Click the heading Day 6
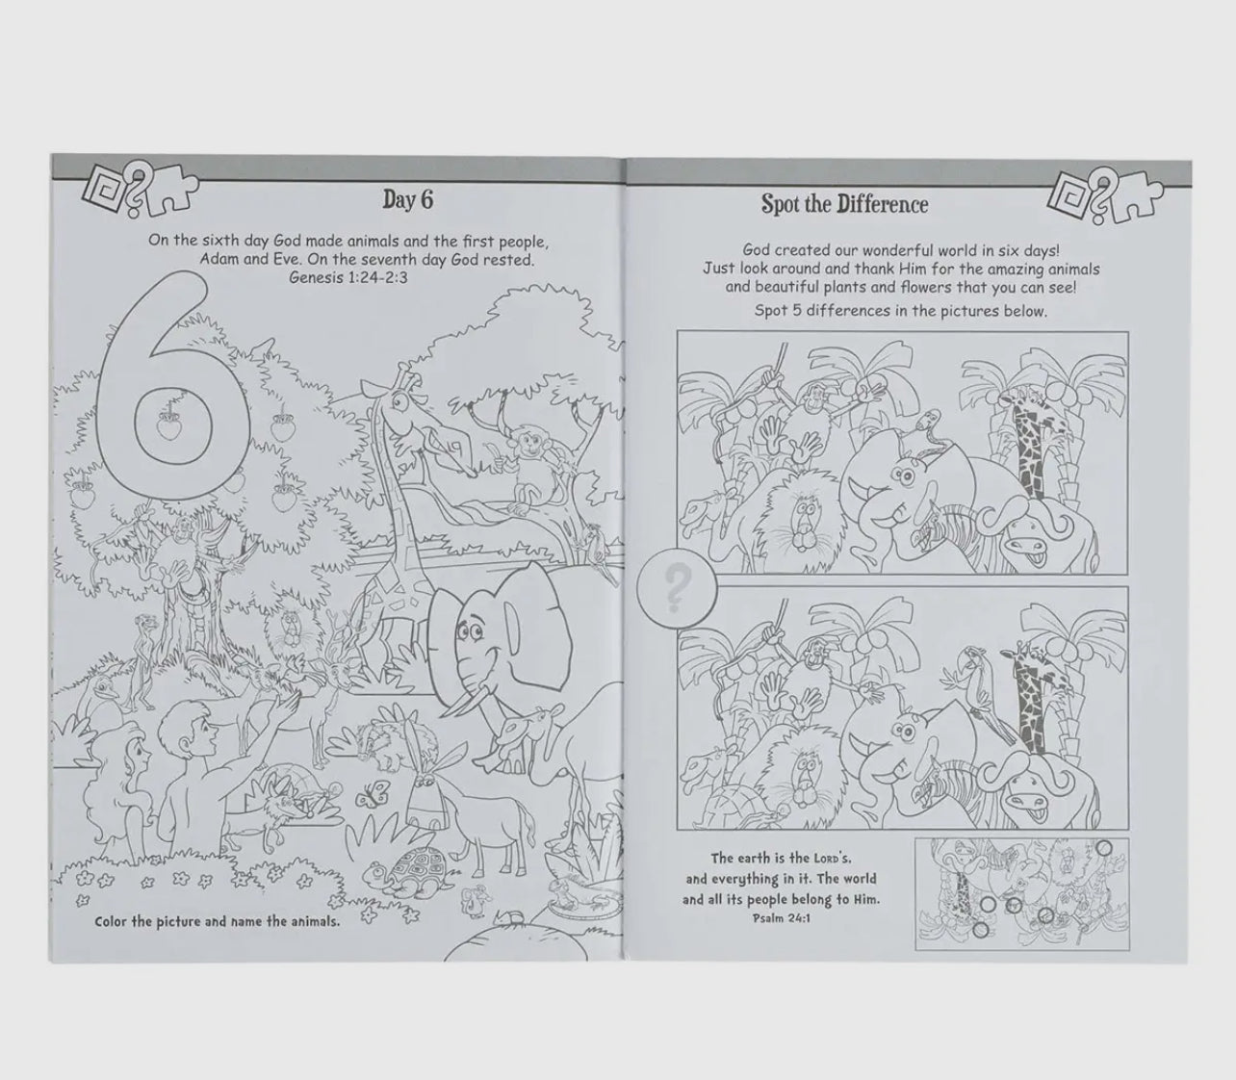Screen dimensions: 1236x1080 [408, 200]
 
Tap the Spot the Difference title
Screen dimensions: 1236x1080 [844, 204]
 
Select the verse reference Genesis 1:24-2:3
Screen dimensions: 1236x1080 [348, 278]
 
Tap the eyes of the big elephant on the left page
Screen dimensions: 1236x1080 [466, 632]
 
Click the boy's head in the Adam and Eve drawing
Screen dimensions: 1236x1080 [189, 730]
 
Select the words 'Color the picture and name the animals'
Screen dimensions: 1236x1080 [218, 922]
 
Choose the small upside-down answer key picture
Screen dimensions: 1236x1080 [1022, 894]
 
